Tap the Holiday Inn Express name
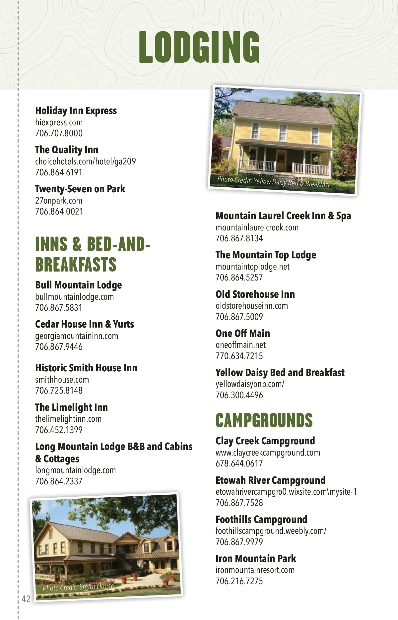(x=76, y=111)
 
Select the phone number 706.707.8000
(x=59, y=133)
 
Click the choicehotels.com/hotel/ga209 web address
(x=85, y=161)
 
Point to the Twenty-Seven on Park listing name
(x=80, y=189)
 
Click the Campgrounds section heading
(x=264, y=420)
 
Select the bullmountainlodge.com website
(x=74, y=297)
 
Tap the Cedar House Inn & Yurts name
(x=85, y=324)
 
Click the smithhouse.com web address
(x=62, y=380)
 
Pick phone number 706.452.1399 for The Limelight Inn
(x=59, y=430)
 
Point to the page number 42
(x=26, y=598)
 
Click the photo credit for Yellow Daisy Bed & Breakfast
(x=274, y=182)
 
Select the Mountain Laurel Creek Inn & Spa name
(x=283, y=216)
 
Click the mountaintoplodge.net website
(x=252, y=267)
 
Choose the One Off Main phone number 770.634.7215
(x=239, y=356)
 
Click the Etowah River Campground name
(x=270, y=480)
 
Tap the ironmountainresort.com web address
(x=255, y=570)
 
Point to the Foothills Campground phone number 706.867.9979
(x=239, y=542)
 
